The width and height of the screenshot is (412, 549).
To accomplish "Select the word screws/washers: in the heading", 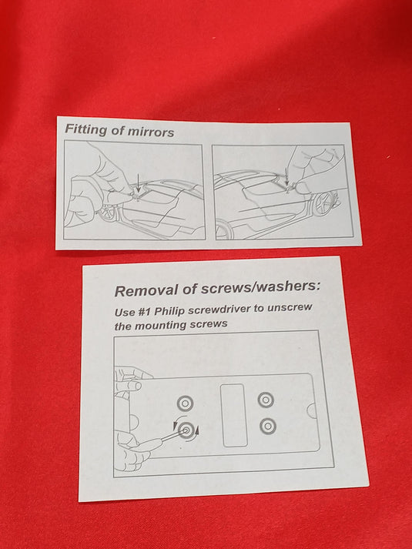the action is click(x=260, y=287).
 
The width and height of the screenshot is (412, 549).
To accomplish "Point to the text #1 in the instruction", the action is click(x=143, y=311).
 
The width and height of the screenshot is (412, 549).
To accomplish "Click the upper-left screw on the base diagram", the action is click(x=185, y=403).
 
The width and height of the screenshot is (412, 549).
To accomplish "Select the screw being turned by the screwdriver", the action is click(x=186, y=430).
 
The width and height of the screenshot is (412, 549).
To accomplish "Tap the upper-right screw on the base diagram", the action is click(x=266, y=400).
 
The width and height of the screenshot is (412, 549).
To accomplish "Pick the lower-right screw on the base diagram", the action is click(x=268, y=426).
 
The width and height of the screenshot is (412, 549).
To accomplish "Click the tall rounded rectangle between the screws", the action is click(x=233, y=416).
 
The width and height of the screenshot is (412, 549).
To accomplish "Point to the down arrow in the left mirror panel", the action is click(x=139, y=184).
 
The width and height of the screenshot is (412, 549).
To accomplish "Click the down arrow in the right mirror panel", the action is click(x=287, y=176).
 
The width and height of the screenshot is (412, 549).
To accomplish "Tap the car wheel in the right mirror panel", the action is click(x=323, y=204).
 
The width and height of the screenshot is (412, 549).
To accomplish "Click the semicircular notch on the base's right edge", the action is click(x=312, y=410).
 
